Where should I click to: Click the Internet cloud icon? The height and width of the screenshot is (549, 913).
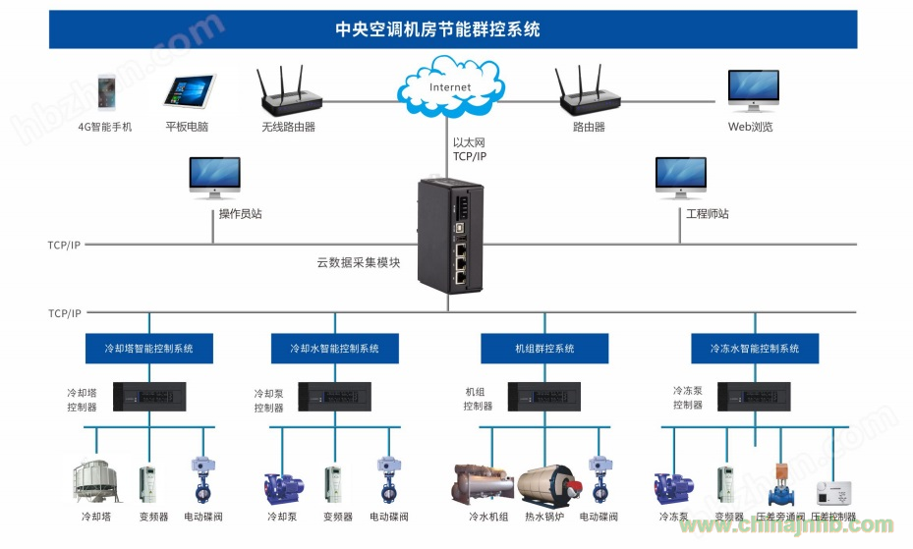(x=449, y=86)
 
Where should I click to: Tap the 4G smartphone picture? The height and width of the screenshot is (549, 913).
(x=106, y=92)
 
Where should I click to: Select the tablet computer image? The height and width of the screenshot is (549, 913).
(x=188, y=93)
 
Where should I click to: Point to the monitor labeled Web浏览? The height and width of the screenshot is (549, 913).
(x=753, y=91)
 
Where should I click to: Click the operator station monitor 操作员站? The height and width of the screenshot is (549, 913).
(x=214, y=179)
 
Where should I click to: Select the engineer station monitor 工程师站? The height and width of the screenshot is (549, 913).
(x=680, y=179)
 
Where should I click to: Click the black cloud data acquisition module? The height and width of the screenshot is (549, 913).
(x=451, y=236)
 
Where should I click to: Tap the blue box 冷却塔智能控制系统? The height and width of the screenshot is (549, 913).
(x=148, y=348)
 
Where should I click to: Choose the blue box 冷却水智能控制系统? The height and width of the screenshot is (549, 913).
(x=334, y=348)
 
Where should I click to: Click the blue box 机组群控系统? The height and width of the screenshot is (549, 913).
(x=544, y=348)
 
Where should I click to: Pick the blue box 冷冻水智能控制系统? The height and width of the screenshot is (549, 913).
(x=754, y=348)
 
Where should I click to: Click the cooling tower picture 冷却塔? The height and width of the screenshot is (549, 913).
(x=94, y=479)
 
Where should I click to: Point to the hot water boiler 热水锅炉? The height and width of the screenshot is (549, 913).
(x=543, y=484)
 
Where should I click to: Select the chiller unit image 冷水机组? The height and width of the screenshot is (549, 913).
(x=482, y=483)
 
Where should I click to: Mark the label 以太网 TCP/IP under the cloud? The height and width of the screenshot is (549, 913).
(x=469, y=149)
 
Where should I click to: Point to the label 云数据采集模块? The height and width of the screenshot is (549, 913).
(x=358, y=262)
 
